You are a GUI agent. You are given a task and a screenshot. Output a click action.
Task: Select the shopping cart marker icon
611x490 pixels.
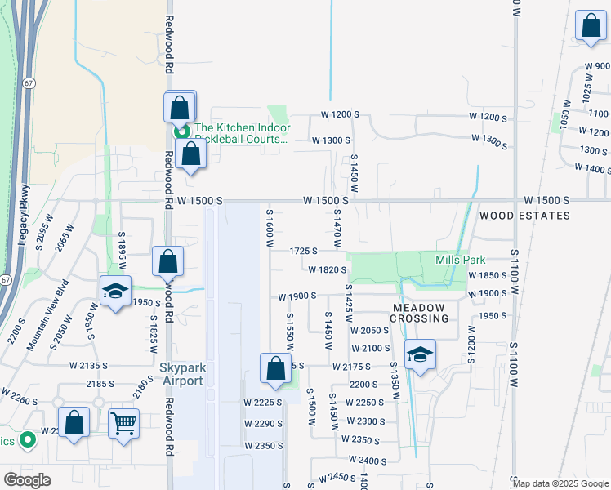tap(123, 423)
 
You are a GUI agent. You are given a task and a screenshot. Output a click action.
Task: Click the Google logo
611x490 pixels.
tap(27, 480)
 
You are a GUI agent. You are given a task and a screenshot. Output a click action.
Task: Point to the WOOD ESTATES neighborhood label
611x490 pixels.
tap(524, 216)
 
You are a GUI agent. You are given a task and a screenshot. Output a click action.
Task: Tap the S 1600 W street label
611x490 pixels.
tap(269, 228)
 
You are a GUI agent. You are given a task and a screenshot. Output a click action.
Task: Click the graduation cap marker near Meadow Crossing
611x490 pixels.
tap(420, 354)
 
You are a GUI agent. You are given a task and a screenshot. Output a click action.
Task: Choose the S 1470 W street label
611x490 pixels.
tap(337, 228)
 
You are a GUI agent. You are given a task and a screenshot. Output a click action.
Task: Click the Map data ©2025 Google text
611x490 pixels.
tap(560, 483)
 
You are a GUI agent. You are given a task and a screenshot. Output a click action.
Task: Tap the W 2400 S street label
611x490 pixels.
tap(366, 461)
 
